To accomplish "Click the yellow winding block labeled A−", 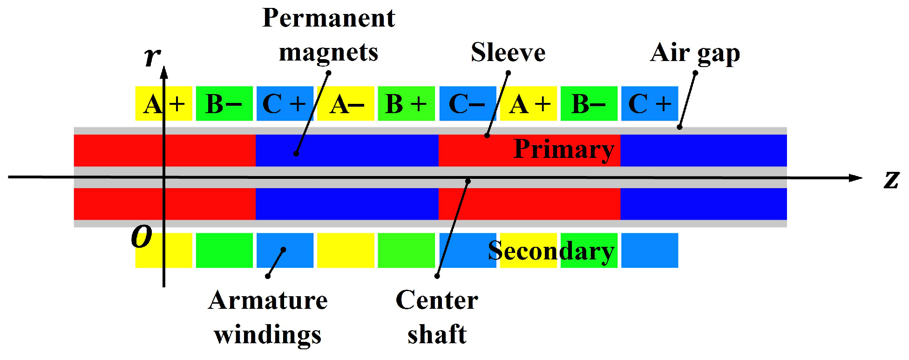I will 346,103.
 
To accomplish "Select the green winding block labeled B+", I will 406,103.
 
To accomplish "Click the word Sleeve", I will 508,52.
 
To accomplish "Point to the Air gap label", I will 695,53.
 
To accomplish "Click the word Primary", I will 563,149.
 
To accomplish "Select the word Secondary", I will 551,251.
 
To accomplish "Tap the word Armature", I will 268,300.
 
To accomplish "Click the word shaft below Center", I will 437,334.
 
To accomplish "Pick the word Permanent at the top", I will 328,18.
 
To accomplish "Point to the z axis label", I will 891,179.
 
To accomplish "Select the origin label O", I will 142,236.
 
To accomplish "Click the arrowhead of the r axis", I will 164,72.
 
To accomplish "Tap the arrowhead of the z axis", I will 855,178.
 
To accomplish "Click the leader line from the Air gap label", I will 687,100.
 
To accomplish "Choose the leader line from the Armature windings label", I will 275,263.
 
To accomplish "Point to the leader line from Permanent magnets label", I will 312,113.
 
